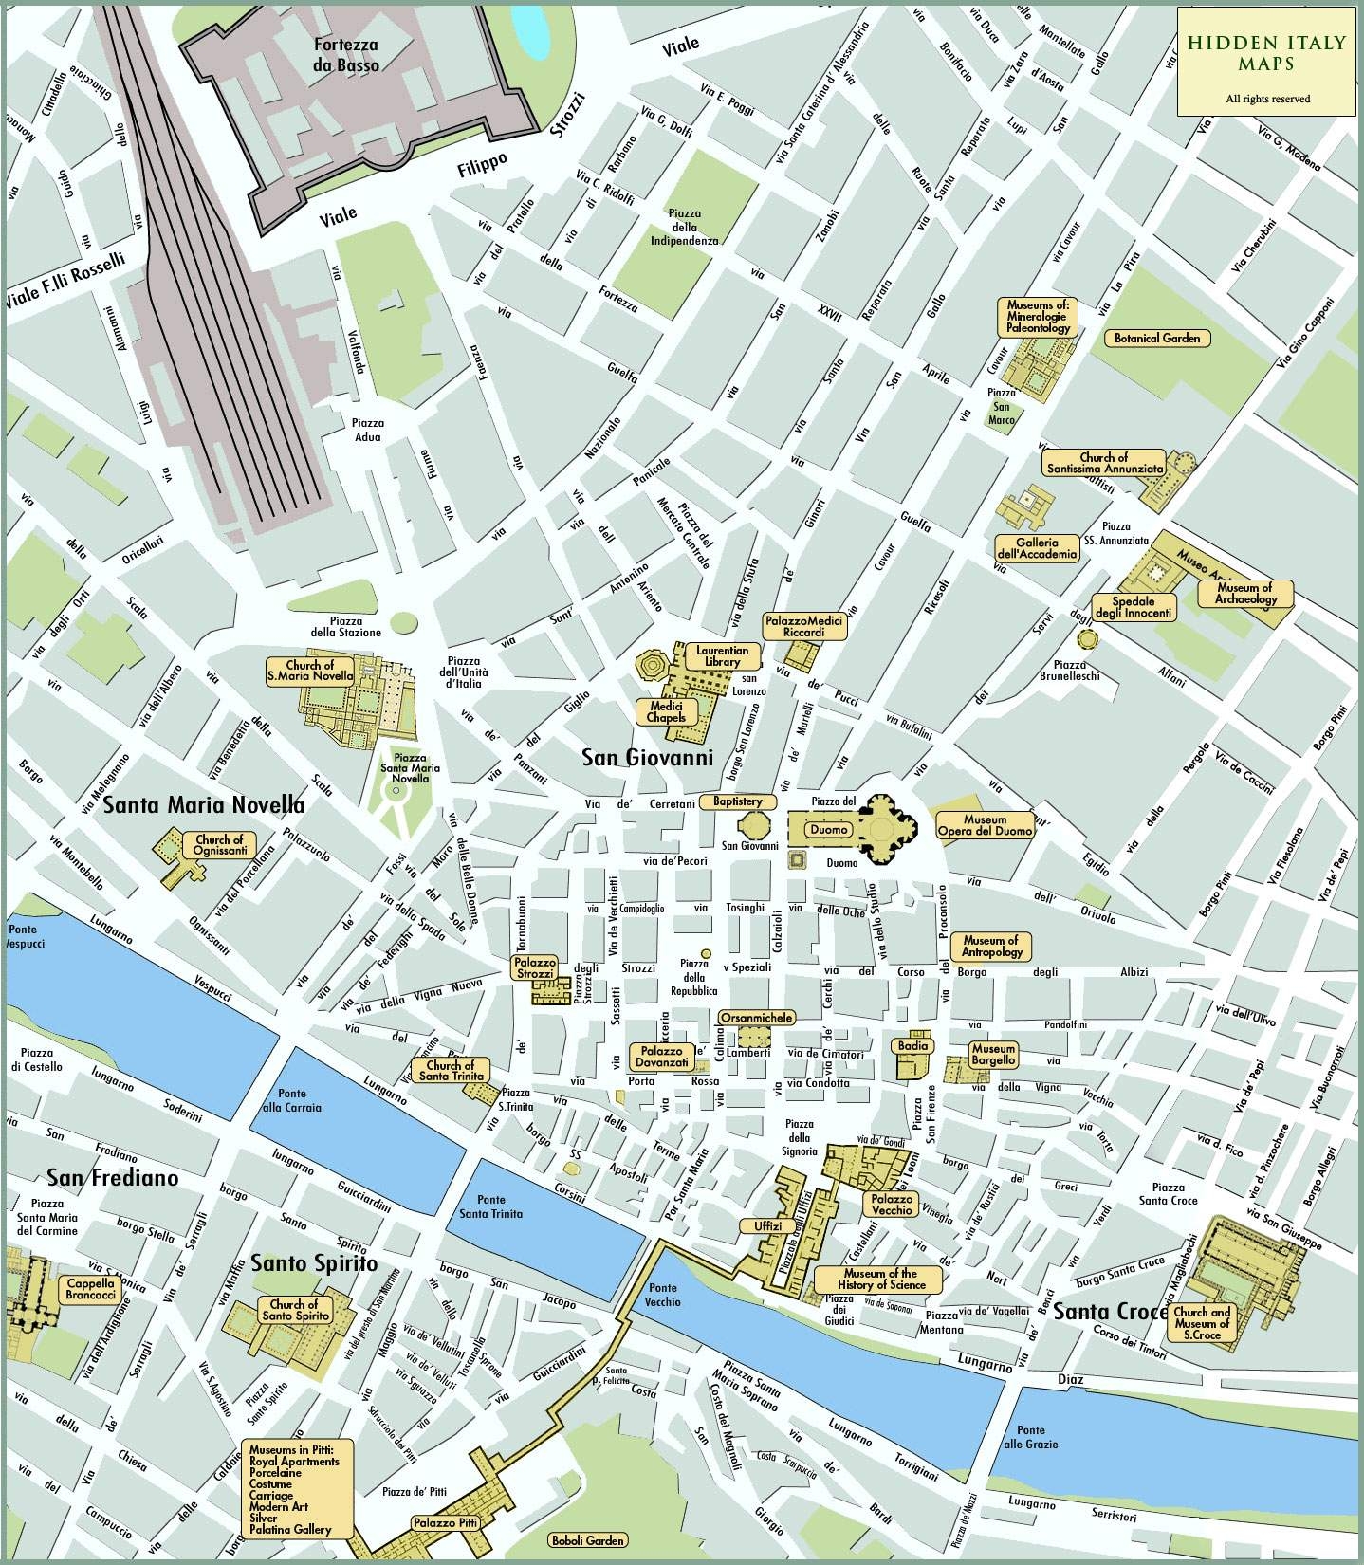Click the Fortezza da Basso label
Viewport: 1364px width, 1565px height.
click(x=346, y=55)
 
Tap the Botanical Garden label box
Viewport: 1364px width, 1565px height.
click(x=1156, y=338)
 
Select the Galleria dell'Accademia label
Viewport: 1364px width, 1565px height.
click(x=1037, y=548)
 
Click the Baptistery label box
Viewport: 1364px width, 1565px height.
click(x=730, y=801)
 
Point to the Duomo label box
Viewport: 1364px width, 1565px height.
click(x=827, y=829)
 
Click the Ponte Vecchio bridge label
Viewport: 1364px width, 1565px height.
click(x=663, y=1295)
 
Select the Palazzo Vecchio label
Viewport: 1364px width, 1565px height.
click(x=890, y=1204)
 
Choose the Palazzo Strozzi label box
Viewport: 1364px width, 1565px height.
click(x=534, y=967)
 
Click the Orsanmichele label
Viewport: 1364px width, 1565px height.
click(x=756, y=1017)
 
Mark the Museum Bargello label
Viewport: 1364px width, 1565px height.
click(x=993, y=1055)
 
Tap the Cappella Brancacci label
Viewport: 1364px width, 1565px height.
click(x=91, y=1289)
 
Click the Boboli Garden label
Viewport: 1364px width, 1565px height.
click(x=591, y=1540)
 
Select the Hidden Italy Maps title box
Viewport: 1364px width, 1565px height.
click(x=1266, y=62)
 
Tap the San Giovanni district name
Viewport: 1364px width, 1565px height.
click(x=647, y=758)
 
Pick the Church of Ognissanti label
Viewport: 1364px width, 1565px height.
click(x=219, y=845)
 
